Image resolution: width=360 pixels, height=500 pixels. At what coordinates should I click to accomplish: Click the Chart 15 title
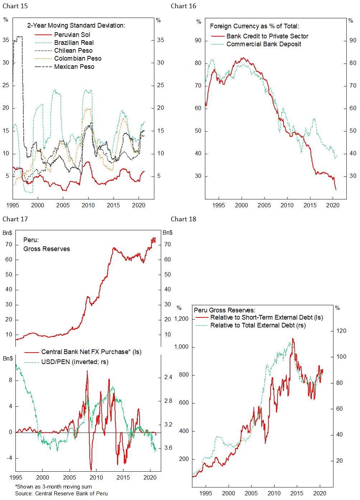click(15, 6)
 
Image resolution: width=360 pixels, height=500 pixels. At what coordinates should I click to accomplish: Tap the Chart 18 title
click(183, 219)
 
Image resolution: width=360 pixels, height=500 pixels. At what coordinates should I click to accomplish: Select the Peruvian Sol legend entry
click(72, 35)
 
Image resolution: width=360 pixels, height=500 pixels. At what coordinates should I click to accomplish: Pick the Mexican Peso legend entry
click(74, 67)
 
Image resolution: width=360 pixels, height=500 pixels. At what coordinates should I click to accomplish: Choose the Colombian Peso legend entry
click(78, 58)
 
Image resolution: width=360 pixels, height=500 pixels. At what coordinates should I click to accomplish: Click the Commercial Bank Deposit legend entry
click(263, 44)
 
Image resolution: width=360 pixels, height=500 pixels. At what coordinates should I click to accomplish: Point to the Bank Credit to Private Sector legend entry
click(267, 36)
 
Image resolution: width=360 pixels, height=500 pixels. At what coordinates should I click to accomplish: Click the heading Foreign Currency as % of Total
click(254, 26)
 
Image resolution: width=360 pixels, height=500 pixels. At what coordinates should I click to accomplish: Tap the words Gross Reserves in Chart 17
click(47, 249)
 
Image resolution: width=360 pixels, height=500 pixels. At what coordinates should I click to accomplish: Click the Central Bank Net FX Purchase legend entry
click(91, 352)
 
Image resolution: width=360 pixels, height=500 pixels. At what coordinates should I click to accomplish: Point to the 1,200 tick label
click(181, 319)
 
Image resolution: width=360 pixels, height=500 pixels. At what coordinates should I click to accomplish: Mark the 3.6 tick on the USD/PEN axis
click(168, 448)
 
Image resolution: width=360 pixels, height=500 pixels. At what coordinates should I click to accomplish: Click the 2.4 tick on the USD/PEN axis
click(168, 377)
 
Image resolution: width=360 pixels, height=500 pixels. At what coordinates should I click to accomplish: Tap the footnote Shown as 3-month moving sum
click(53, 487)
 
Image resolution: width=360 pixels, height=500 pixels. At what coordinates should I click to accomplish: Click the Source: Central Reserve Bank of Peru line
click(61, 494)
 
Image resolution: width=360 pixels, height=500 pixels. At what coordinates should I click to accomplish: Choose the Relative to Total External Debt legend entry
click(258, 325)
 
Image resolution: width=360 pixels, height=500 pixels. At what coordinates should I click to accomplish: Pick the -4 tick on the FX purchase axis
click(9, 458)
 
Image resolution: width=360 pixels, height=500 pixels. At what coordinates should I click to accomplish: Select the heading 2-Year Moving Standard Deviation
click(76, 25)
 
